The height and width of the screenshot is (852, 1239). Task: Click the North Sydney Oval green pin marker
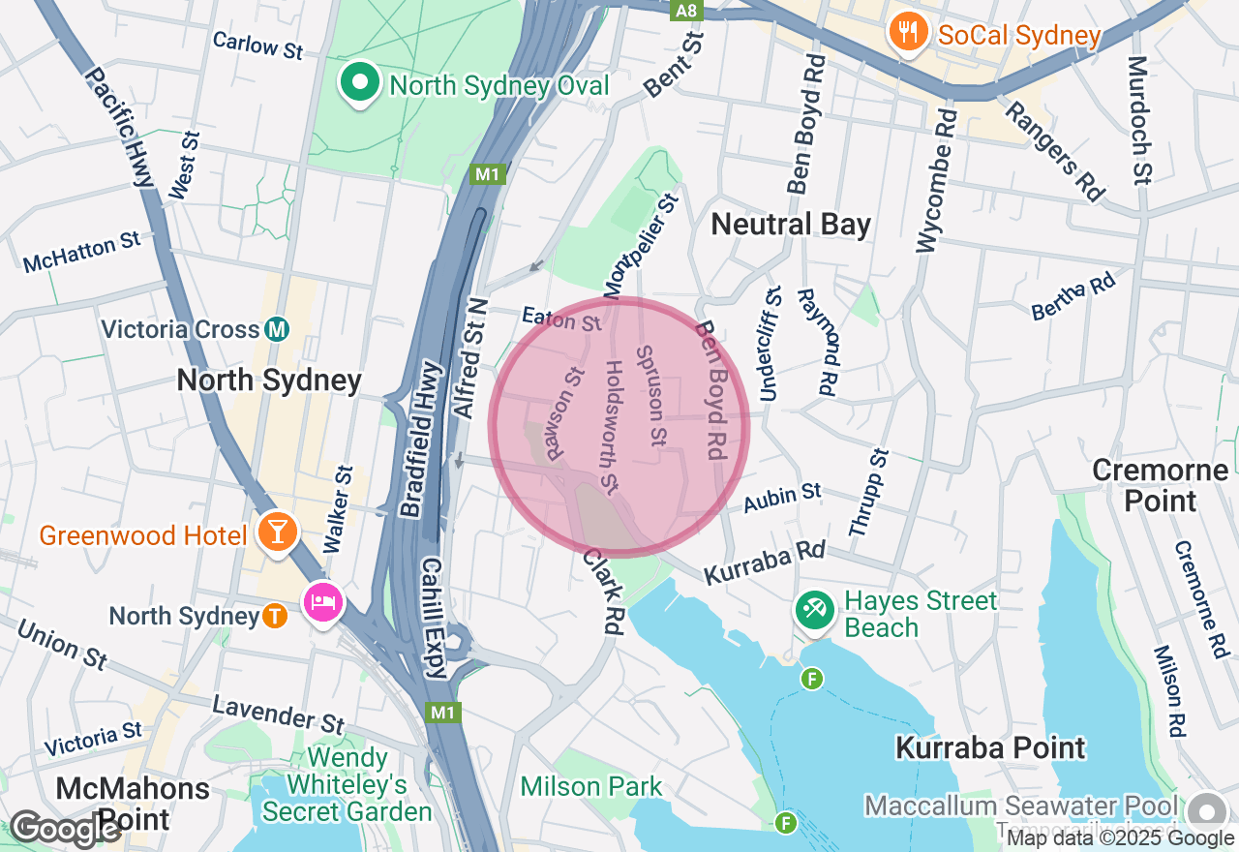click(x=360, y=83)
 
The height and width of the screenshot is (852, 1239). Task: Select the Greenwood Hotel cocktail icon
click(x=277, y=532)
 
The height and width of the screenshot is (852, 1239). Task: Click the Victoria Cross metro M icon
click(x=277, y=329)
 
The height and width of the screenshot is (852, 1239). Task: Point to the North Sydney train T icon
click(x=275, y=616)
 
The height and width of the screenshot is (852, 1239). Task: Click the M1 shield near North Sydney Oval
click(x=486, y=174)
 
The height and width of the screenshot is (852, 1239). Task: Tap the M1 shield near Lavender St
click(x=443, y=713)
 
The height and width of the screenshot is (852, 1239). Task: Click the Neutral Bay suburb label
click(x=791, y=225)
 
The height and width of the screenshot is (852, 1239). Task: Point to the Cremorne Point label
click(x=1160, y=486)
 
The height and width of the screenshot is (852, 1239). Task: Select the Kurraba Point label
click(x=990, y=748)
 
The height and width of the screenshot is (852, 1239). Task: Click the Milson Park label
click(x=590, y=786)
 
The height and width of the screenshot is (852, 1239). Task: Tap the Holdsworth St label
click(x=611, y=424)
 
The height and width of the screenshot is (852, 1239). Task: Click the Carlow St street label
click(x=257, y=45)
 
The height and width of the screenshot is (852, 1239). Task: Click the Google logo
click(x=66, y=829)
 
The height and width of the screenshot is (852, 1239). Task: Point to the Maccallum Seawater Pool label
click(x=1021, y=806)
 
